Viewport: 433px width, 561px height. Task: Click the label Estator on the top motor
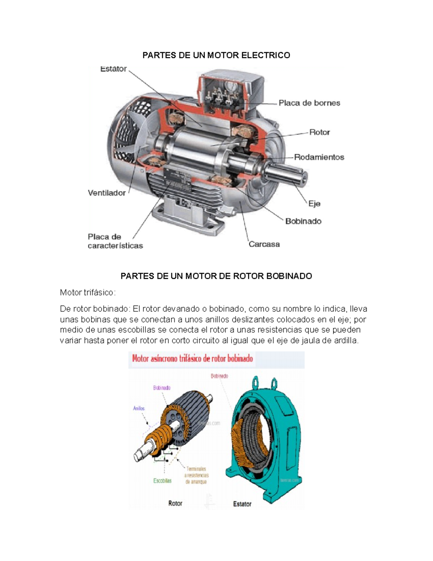tap(113, 69)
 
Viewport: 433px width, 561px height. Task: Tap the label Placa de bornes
tap(309, 103)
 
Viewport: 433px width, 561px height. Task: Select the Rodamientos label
tap(319, 157)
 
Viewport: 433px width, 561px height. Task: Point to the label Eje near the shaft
tap(314, 204)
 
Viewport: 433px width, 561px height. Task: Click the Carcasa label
tap(264, 244)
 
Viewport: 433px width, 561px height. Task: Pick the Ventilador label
tap(107, 193)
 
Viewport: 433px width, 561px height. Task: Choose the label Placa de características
tap(115, 241)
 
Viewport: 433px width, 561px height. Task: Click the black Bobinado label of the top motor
tap(303, 221)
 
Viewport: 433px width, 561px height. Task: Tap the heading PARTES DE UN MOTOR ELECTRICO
tap(216, 55)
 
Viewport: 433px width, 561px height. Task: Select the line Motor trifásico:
tap(88, 293)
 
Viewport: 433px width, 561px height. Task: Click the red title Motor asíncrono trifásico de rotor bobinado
tap(192, 359)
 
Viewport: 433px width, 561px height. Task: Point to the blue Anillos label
tap(139, 409)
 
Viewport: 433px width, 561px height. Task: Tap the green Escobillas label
tap(162, 481)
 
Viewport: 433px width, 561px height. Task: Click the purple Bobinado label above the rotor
tap(162, 388)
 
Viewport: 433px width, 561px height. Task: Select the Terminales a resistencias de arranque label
tap(196, 475)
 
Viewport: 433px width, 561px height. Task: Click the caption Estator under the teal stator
tap(242, 504)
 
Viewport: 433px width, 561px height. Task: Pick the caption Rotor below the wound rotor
tap(175, 503)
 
